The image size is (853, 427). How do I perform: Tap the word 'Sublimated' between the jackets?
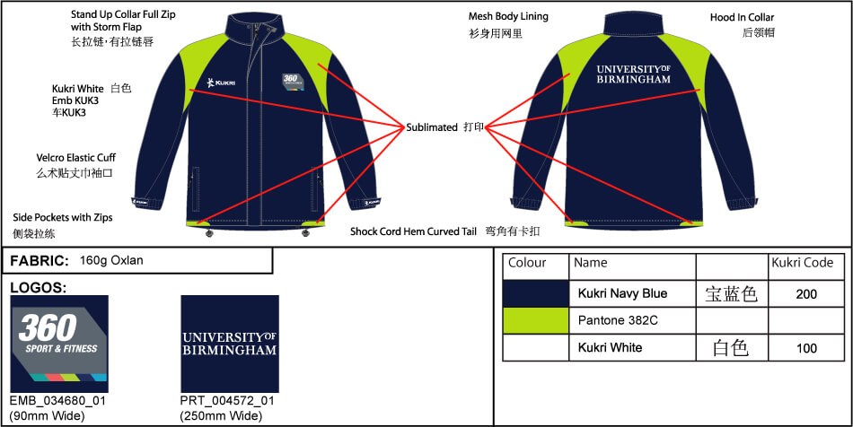tap(432, 127)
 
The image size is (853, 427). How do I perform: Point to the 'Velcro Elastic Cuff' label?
tap(75, 158)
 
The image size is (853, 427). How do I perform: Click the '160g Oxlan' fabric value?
tap(111, 261)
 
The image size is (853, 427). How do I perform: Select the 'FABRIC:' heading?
tap(40, 261)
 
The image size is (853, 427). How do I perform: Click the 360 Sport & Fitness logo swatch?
tap(59, 344)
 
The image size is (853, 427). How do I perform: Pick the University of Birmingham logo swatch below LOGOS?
tap(230, 344)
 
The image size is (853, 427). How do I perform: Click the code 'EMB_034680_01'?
tap(57, 401)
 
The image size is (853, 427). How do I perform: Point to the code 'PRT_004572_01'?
tap(228, 401)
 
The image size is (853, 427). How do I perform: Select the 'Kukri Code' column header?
tap(803, 263)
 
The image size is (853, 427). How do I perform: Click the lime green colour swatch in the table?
tap(536, 320)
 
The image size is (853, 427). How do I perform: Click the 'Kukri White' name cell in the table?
tap(610, 347)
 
